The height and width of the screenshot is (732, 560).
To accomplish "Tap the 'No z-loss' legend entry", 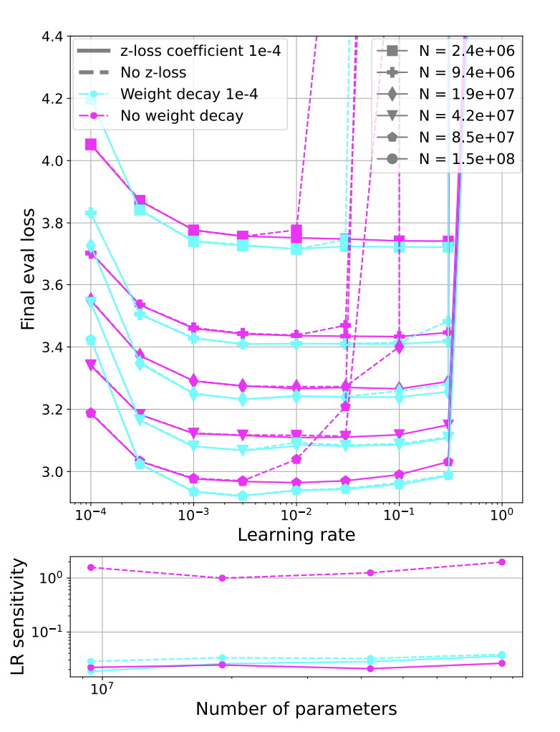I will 153,72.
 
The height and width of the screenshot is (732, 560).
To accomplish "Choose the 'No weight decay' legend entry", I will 182,115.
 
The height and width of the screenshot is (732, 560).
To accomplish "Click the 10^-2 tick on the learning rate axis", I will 296,516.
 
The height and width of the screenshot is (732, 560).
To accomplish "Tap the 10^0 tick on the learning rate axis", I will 502,516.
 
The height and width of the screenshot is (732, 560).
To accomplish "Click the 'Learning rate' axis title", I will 296,535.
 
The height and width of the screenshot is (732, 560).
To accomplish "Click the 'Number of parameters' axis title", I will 296,709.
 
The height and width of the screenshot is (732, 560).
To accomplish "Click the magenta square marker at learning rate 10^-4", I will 91,145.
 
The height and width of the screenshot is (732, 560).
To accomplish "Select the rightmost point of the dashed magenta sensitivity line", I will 501,562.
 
